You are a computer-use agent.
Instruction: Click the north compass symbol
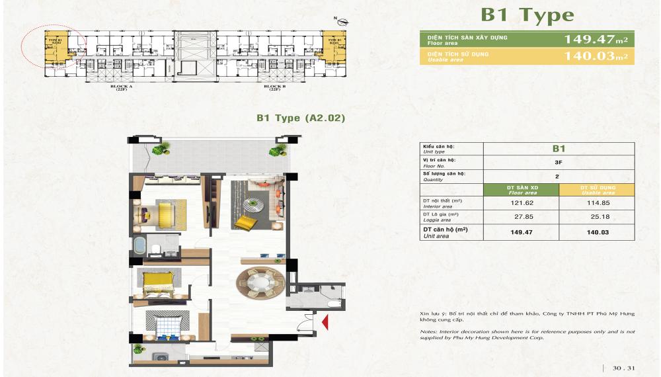click(x=339, y=19)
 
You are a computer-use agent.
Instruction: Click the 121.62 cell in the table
click(x=522, y=204)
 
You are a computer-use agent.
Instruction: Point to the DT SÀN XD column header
click(x=522, y=190)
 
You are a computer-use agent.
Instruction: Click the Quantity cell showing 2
click(x=559, y=177)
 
